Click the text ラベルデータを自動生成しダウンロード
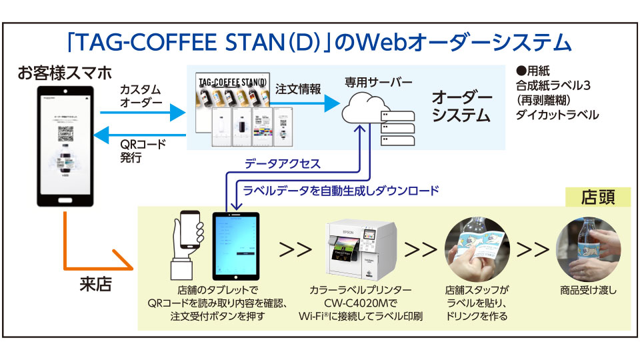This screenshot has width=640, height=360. pyautogui.click(x=341, y=191)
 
